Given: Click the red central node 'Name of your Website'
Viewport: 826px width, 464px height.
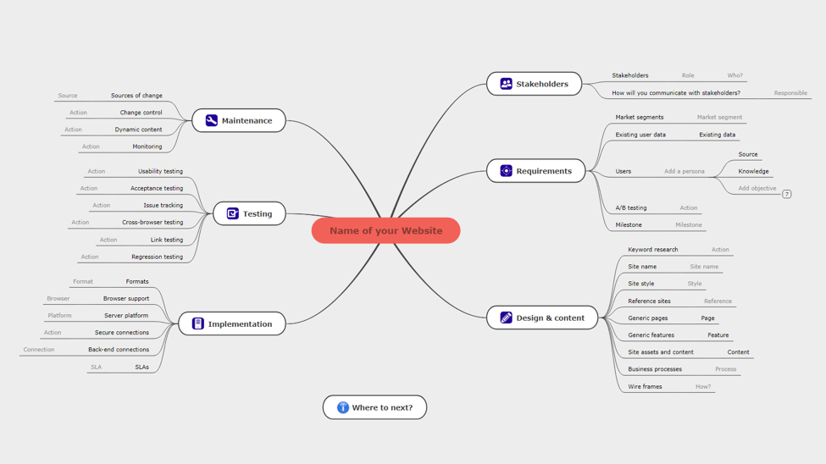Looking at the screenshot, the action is click(385, 230).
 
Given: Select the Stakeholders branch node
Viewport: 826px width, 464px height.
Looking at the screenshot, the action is click(535, 84).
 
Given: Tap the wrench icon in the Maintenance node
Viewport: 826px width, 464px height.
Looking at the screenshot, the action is click(211, 120).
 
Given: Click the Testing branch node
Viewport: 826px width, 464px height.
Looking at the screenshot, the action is click(249, 213).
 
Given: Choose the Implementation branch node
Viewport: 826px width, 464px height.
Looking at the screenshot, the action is click(232, 323).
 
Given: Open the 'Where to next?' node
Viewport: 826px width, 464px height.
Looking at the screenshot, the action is click(374, 407).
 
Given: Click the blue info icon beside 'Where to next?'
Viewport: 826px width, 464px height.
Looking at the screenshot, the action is click(343, 407).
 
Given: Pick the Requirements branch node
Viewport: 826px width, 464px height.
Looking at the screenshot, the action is click(535, 171).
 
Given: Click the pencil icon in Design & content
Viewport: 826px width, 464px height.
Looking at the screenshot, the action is click(507, 318).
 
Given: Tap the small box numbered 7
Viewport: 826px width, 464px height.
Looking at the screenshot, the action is click(786, 194).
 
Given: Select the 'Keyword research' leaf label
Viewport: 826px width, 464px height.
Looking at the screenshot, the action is click(652, 250).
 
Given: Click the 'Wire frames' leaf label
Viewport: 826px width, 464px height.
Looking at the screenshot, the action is click(645, 387).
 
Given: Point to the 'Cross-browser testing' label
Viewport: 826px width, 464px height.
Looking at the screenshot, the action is click(152, 222).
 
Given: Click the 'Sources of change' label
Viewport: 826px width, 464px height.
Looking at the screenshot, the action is click(136, 96).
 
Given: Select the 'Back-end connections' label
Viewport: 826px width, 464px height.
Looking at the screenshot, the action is click(119, 349).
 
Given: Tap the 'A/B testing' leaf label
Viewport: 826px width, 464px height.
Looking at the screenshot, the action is click(631, 208).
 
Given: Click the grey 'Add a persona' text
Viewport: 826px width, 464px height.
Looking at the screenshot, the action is click(685, 171).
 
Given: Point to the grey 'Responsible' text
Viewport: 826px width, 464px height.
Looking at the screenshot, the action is click(790, 93).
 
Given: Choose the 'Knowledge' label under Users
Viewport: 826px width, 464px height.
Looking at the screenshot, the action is click(753, 171).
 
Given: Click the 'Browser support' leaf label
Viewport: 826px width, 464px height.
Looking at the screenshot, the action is click(126, 299).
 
